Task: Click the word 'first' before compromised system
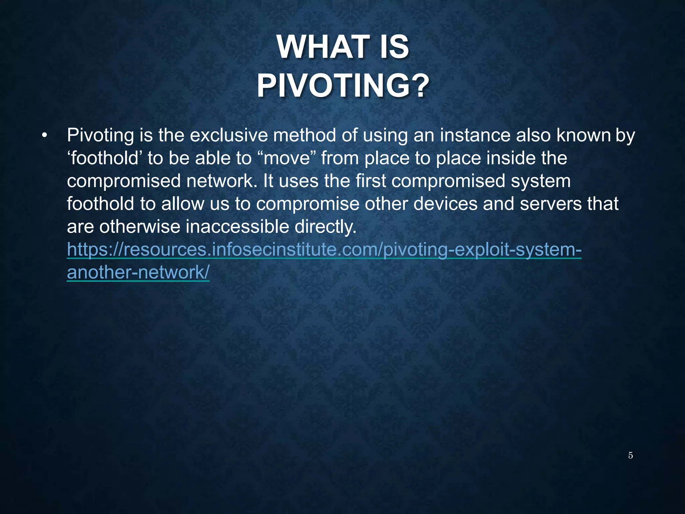(x=371, y=181)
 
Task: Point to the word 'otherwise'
(x=140, y=227)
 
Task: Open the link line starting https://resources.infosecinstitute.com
(x=324, y=250)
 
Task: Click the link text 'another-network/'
(x=138, y=272)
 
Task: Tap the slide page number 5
(x=630, y=455)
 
